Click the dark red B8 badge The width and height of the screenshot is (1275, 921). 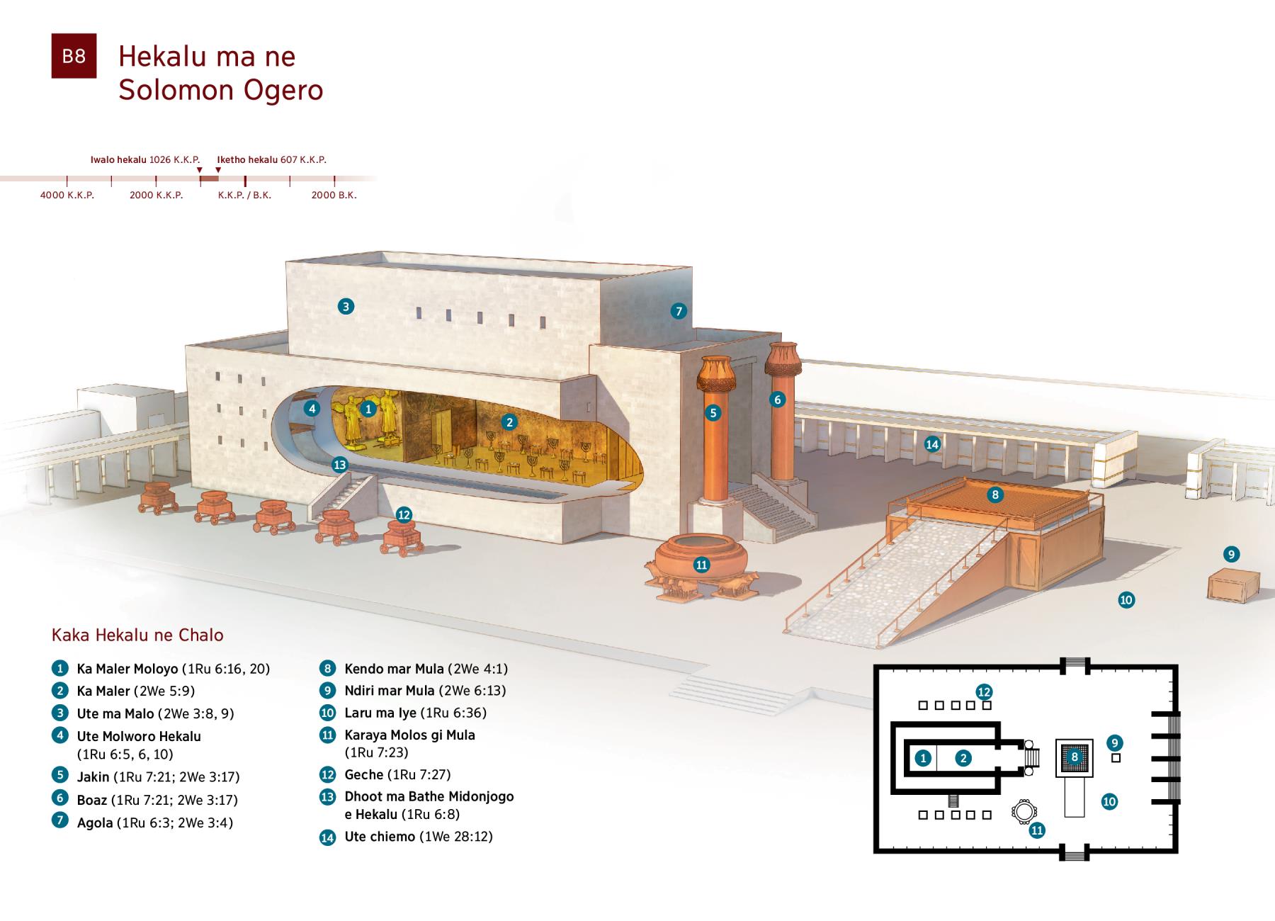point(74,56)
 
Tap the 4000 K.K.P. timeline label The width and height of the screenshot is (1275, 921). point(67,195)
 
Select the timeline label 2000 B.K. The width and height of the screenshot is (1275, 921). point(334,195)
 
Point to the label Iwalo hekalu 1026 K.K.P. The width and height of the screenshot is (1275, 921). point(145,159)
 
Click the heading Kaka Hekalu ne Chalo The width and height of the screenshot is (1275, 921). point(137,635)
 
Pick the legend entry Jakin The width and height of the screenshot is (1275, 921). point(93,777)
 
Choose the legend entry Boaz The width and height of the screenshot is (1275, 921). point(92,800)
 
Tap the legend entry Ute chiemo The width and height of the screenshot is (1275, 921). point(380,837)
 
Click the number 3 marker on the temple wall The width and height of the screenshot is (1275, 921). point(346,306)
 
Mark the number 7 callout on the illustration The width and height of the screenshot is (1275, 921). point(679,310)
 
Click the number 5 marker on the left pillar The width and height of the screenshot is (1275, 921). point(713,412)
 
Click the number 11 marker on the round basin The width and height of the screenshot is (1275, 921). point(701,565)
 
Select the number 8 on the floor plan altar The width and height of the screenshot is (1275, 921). point(1075,757)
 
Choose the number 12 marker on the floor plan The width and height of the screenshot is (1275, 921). point(984,691)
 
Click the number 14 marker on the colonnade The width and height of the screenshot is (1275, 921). point(932,444)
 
